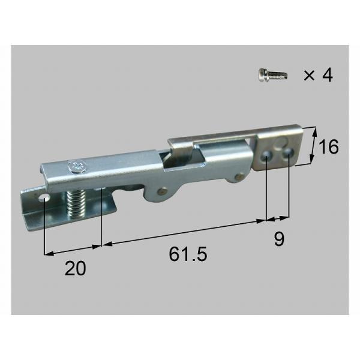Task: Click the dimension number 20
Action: [x=75, y=269]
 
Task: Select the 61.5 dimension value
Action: [x=188, y=254]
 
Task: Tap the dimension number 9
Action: [x=278, y=239]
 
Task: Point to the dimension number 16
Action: [x=329, y=146]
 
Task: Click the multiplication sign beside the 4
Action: [x=308, y=76]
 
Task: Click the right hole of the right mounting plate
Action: [x=288, y=154]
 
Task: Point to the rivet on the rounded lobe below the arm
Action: [x=161, y=192]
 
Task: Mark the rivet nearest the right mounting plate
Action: [x=240, y=176]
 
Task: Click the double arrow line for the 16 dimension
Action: [x=314, y=146]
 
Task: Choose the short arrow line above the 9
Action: [x=278, y=218]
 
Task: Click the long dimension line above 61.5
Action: [x=183, y=233]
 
